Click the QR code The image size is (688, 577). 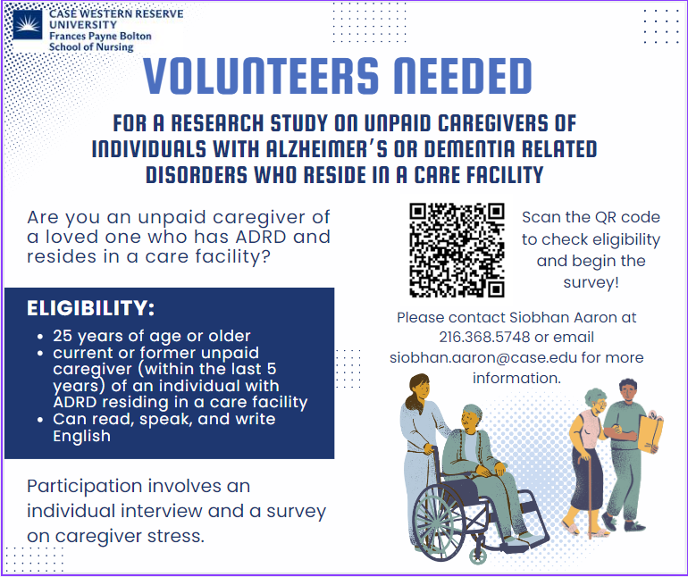pos(457,250)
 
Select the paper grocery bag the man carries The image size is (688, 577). pos(650,431)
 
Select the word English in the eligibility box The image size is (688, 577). pos(81,437)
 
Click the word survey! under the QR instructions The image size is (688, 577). pos(591,282)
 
